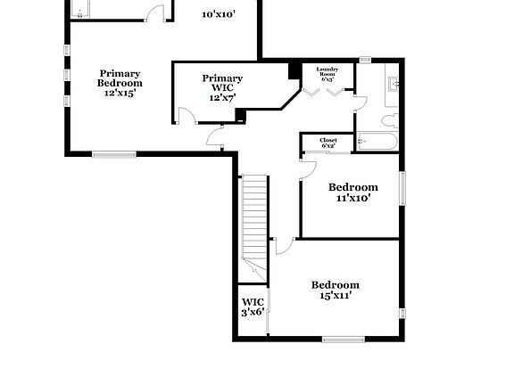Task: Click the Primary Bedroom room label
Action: [120, 78]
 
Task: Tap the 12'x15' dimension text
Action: [120, 92]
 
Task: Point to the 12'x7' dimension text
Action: [222, 97]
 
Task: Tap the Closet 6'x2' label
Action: [323, 142]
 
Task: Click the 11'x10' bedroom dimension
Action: [353, 199]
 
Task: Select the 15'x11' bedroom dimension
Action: [336, 295]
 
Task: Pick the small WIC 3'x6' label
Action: [253, 307]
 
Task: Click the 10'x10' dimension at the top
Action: [219, 14]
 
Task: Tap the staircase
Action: [255, 218]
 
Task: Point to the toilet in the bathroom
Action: [389, 120]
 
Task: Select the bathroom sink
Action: [394, 86]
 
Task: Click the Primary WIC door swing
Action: [186, 116]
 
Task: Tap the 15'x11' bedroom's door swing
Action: [281, 245]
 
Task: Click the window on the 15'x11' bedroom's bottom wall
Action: [344, 338]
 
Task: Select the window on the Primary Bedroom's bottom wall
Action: [115, 155]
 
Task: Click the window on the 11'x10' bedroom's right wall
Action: [402, 189]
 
